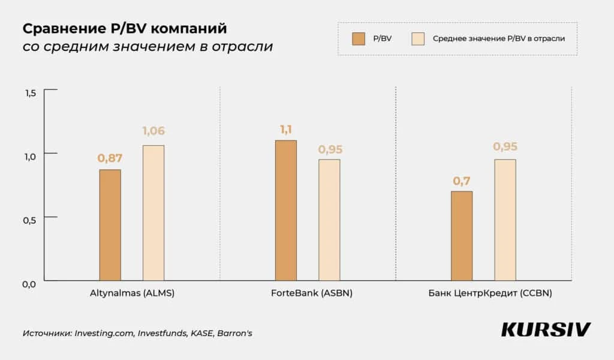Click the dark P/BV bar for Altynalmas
click(x=110, y=225)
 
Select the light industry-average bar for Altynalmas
click(x=153, y=213)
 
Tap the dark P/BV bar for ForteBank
click(x=285, y=210)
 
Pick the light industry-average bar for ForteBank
click(x=329, y=220)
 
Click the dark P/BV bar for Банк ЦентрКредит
click(x=462, y=236)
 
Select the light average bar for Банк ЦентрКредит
click(x=505, y=220)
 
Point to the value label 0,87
click(x=110, y=158)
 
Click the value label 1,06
click(x=153, y=131)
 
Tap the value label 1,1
click(x=285, y=129)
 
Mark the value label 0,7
click(x=462, y=180)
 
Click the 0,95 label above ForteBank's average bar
click(x=329, y=149)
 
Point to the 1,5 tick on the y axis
click(x=31, y=92)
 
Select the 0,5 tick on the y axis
click(x=31, y=220)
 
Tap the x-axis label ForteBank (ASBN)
click(x=308, y=295)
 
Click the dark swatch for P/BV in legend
click(x=359, y=39)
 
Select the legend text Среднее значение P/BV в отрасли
click(x=498, y=39)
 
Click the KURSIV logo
click(x=546, y=329)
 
